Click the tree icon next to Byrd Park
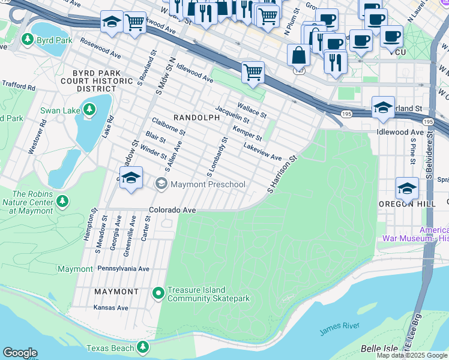point(27,40)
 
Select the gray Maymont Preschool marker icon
point(161,184)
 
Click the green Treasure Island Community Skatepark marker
point(158,293)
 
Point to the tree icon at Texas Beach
point(142,347)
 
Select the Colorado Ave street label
point(173,211)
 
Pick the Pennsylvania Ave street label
point(123,269)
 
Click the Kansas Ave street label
point(111,308)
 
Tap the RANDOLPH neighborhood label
point(196,118)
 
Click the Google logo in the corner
point(20,353)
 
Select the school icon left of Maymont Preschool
point(130,178)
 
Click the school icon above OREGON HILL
point(407,188)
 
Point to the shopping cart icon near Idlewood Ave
point(253,72)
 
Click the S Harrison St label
point(283,175)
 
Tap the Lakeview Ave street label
point(262,152)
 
